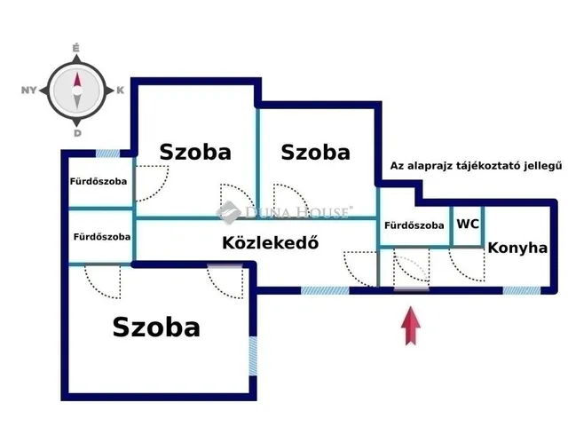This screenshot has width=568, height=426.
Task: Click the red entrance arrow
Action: pyautogui.click(x=411, y=325)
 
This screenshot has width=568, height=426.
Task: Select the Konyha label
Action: pyautogui.click(x=517, y=248)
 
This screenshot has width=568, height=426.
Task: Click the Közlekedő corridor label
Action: pyautogui.click(x=270, y=243)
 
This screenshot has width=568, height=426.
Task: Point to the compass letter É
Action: pyautogui.click(x=77, y=47)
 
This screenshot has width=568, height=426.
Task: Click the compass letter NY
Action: pyautogui.click(x=28, y=90)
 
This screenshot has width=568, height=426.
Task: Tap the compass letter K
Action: pyautogui.click(x=120, y=90)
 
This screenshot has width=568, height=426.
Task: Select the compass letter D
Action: pyautogui.click(x=77, y=133)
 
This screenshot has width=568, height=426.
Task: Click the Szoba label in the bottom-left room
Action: pyautogui.click(x=156, y=327)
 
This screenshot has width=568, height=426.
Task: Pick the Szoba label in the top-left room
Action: pyautogui.click(x=195, y=152)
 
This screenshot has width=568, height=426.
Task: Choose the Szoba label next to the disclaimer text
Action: pyautogui.click(x=315, y=152)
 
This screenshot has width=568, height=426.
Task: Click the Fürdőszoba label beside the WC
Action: pyautogui.click(x=414, y=225)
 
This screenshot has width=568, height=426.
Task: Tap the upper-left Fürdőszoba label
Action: pyautogui.click(x=99, y=181)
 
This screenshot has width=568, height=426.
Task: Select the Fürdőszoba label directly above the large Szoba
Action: pyautogui.click(x=102, y=237)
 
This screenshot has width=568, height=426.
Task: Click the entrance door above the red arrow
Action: pyautogui.click(x=411, y=272)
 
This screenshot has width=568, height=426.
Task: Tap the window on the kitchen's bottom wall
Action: pyautogui.click(x=521, y=290)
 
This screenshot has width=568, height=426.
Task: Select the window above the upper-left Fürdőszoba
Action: pyautogui.click(x=108, y=154)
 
